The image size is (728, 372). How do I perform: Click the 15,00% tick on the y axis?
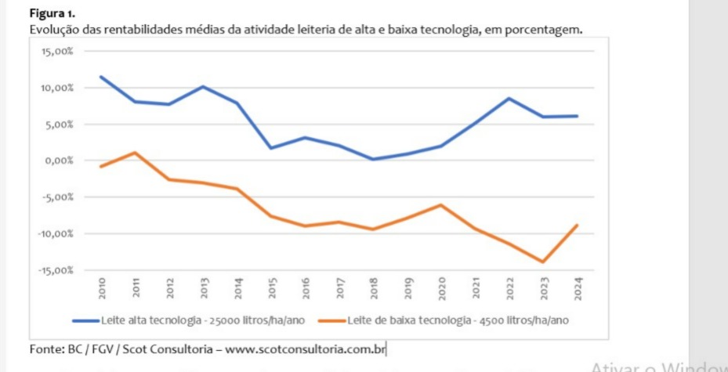point(58,51)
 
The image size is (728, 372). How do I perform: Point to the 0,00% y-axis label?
point(60,161)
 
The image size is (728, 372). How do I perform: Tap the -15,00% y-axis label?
point(57,270)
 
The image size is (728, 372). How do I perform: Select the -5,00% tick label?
point(59,197)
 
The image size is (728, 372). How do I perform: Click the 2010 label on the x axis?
point(102,287)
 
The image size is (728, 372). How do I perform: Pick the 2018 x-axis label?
point(375,287)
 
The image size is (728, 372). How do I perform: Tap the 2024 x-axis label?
point(578,287)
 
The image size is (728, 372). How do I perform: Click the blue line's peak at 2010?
point(102,77)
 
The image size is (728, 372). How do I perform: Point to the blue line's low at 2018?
point(375,159)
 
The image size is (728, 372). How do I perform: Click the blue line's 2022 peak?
point(510,98)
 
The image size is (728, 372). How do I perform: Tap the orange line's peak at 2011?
point(136,152)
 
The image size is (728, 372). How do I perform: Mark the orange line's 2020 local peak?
point(442,205)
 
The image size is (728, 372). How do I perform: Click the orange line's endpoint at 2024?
point(578,225)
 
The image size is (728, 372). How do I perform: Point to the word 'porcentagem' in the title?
point(548,30)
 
